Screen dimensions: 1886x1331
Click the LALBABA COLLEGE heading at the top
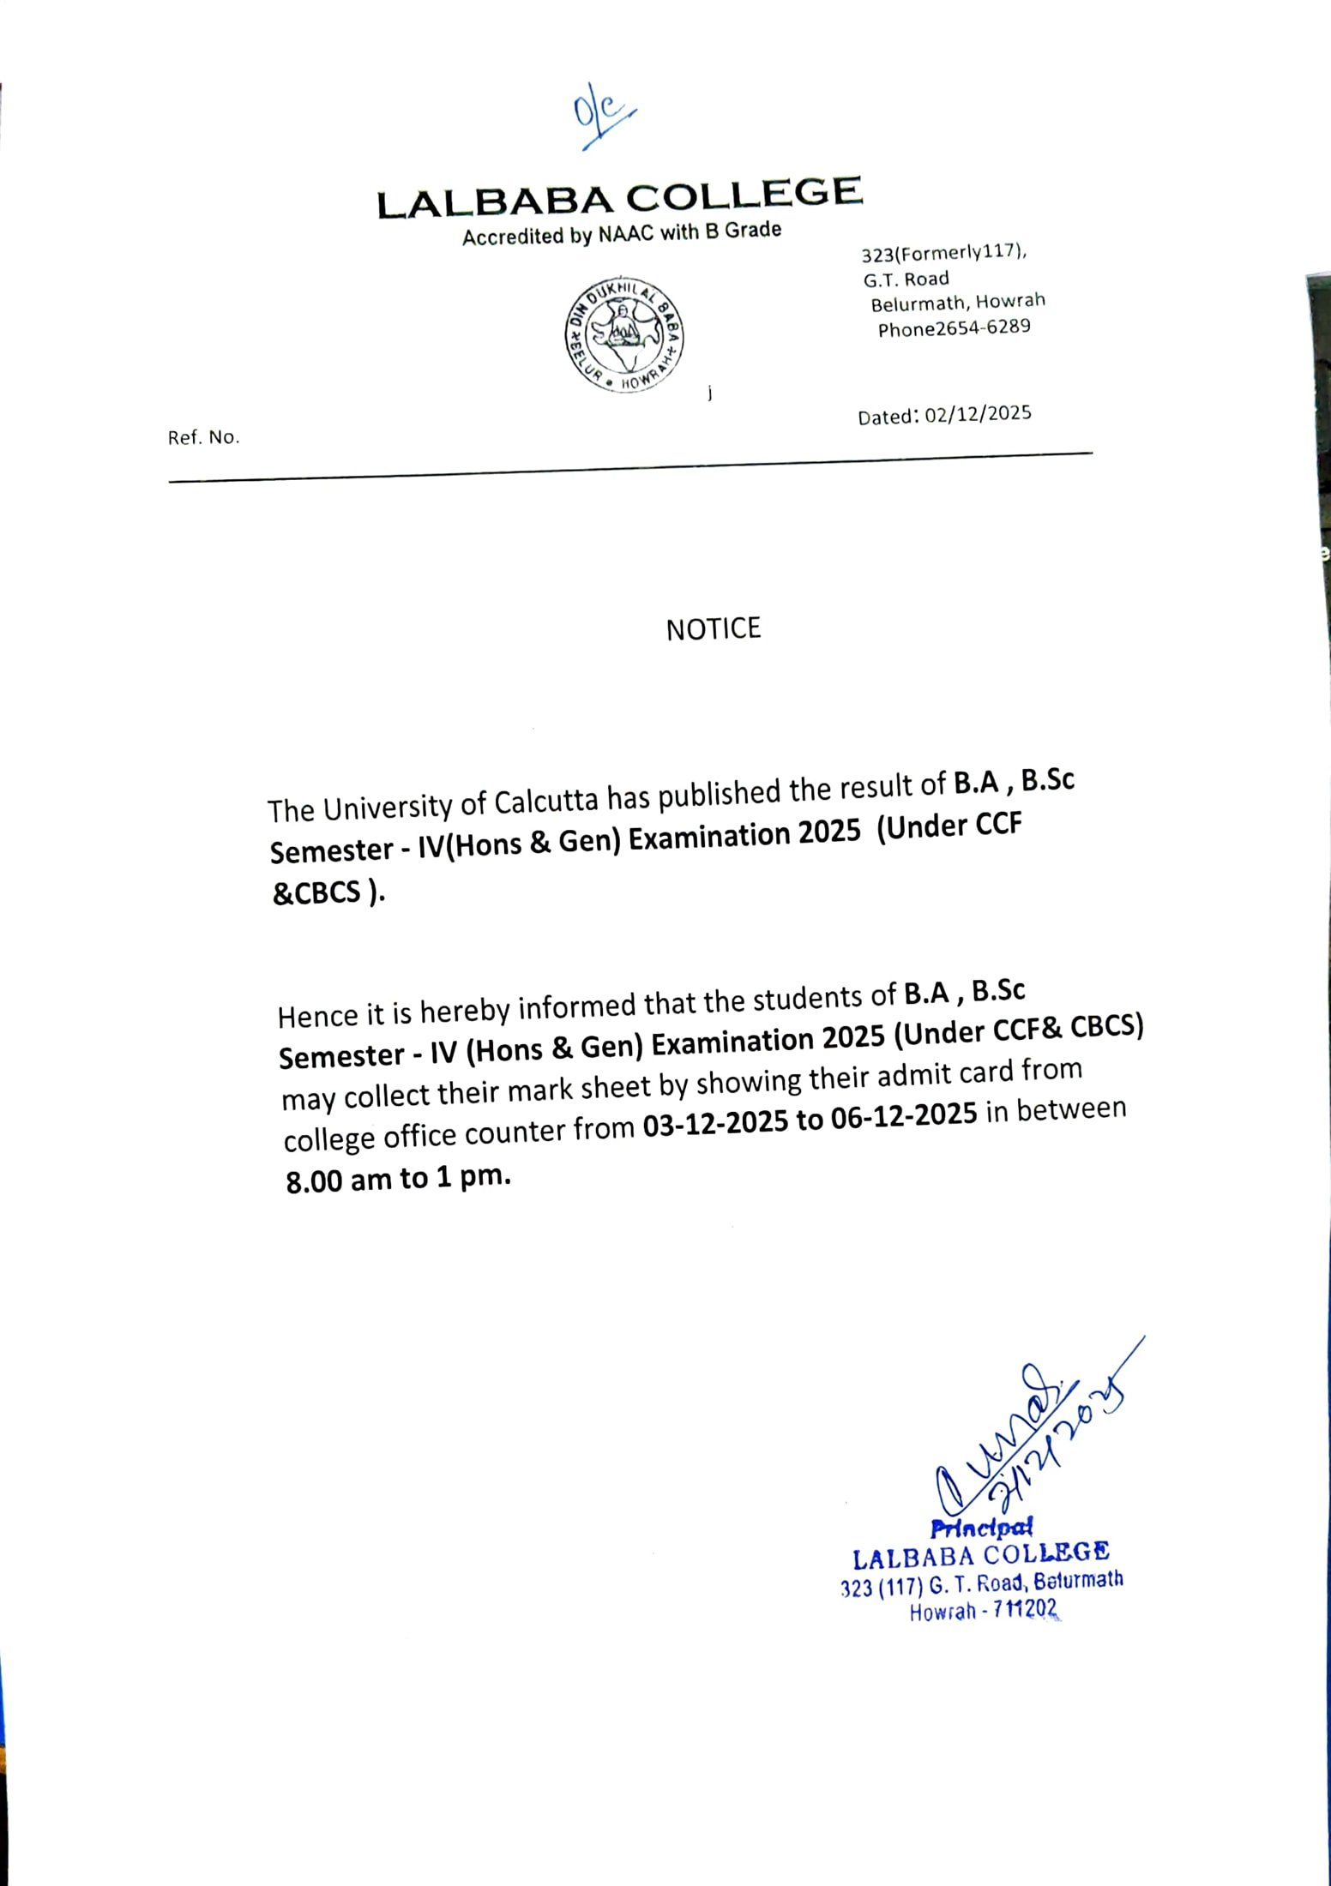619,197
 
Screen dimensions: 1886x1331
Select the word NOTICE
714,629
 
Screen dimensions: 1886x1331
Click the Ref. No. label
204,437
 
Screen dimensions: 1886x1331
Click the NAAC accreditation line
622,233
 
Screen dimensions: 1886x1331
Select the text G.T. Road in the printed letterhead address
906,279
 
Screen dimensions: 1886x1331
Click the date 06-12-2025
904,1114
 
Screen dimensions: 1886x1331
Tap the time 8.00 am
339,1181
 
